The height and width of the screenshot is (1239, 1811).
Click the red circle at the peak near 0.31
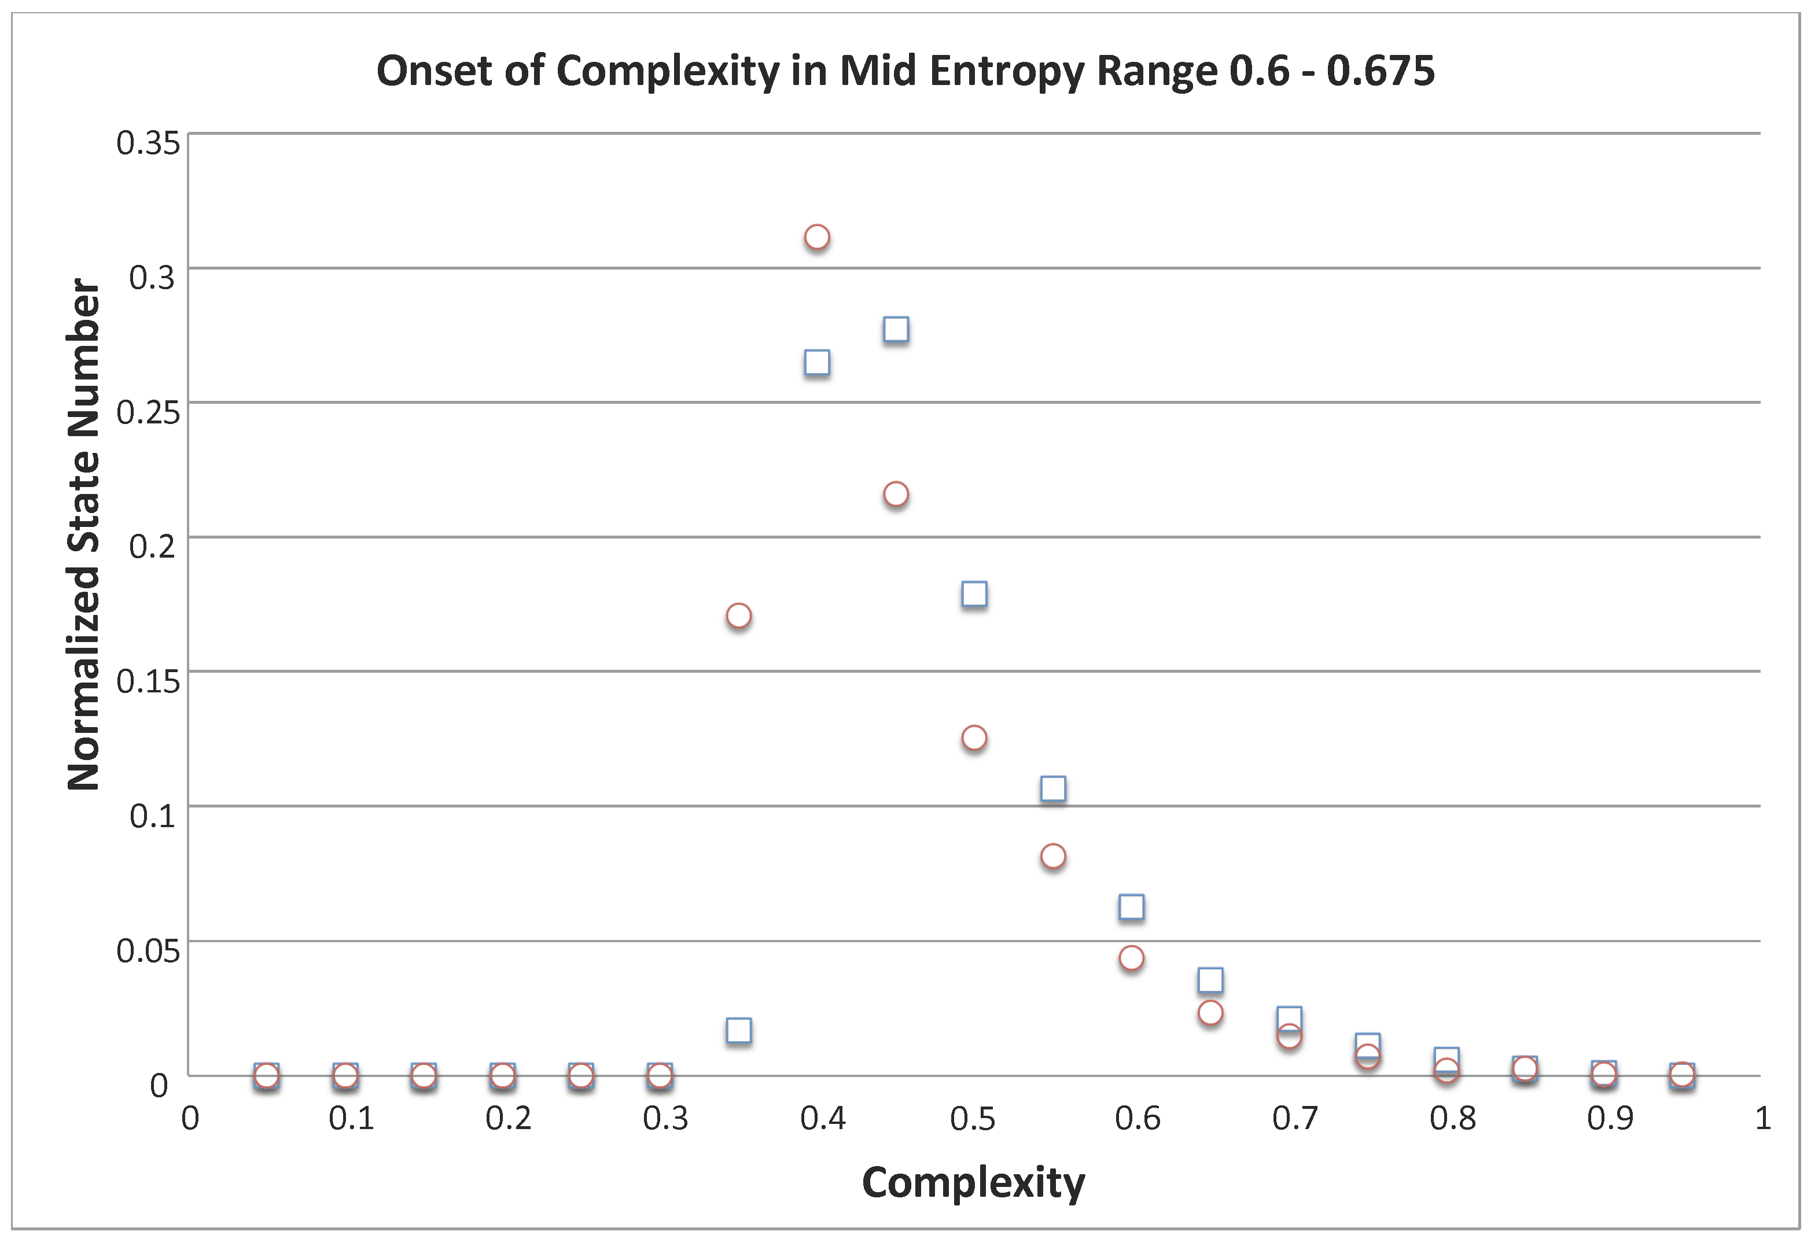[x=816, y=237]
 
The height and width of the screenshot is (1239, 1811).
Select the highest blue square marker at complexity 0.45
[x=896, y=330]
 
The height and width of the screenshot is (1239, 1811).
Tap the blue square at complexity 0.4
[x=816, y=362]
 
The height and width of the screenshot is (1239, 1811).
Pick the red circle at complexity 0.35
[x=739, y=615]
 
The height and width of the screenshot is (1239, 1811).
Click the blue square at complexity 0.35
[x=739, y=1030]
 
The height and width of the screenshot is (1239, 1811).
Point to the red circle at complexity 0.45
[x=896, y=494]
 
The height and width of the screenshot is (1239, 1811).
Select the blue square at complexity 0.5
[x=974, y=594]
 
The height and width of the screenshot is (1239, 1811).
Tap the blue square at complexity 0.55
[x=1054, y=788]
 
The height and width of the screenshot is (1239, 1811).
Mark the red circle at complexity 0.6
[x=1132, y=958]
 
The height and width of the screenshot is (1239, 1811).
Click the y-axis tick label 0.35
[x=148, y=143]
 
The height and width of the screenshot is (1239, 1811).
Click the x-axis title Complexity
[x=973, y=1183]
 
